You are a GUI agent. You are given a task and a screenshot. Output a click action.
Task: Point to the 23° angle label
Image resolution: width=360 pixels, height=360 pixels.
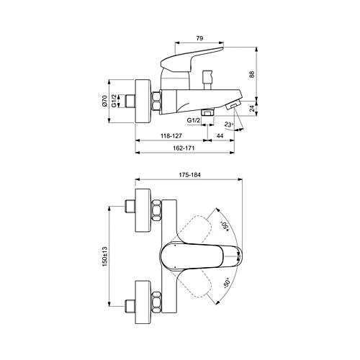coord(230,124)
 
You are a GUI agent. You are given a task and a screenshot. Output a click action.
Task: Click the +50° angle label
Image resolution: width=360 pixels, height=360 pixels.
coord(225,225)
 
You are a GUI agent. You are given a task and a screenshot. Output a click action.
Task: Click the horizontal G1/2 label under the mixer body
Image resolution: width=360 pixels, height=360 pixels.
coord(193,120)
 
